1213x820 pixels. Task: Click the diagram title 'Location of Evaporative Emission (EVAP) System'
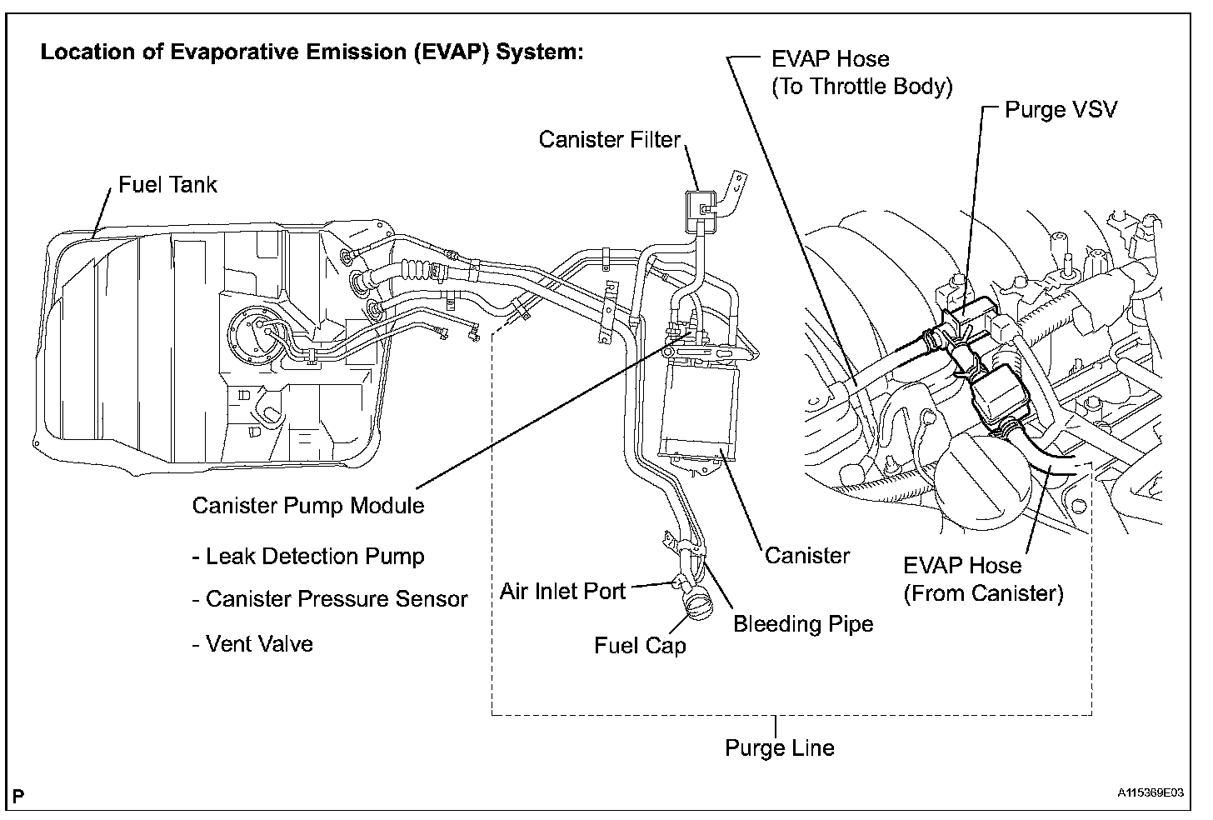tap(312, 52)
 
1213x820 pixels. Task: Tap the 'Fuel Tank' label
tap(167, 184)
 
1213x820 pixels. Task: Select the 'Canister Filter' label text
tap(610, 139)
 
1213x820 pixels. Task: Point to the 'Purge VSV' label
tap(1061, 109)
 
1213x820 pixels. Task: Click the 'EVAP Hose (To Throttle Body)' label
tap(861, 72)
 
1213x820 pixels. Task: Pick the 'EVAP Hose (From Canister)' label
tap(983, 579)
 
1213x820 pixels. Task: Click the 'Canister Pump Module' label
tap(308, 505)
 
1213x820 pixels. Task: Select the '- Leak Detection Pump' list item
tap(308, 556)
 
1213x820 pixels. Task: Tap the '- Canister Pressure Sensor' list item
tap(330, 599)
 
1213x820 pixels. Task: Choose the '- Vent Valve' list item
tap(252, 643)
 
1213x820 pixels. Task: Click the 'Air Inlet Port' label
tap(562, 591)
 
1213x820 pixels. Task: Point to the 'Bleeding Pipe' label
tap(803, 623)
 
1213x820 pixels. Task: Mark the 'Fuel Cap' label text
tap(640, 646)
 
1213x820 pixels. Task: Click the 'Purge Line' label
tap(779, 747)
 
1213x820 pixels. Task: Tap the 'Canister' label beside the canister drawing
tap(807, 555)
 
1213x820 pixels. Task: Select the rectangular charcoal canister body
tap(700, 412)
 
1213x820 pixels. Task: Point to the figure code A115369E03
tap(1151, 793)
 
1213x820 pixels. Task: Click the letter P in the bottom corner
tap(18, 795)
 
